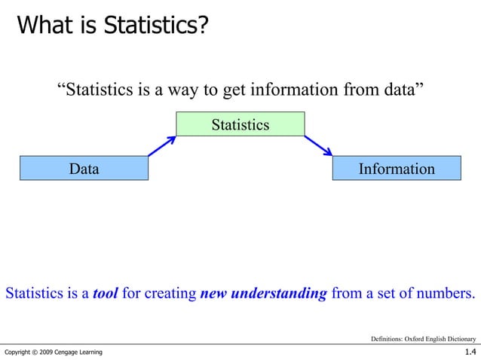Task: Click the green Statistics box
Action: [x=240, y=124]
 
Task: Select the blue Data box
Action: [x=84, y=169]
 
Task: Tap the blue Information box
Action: [x=396, y=169]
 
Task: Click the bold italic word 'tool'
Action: [x=105, y=294]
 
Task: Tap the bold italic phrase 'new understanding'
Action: [x=264, y=294]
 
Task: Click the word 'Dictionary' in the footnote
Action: [x=460, y=338]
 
